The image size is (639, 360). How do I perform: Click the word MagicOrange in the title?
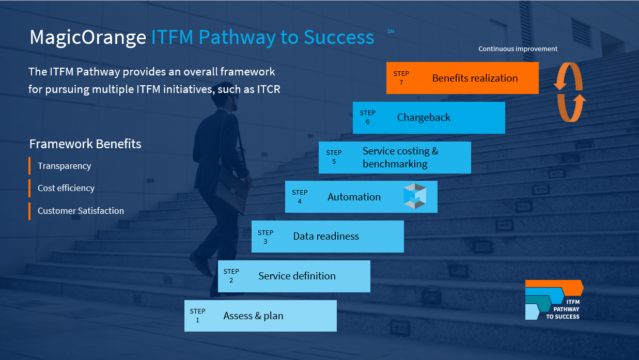tap(87, 37)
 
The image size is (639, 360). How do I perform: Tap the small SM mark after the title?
tap(391, 32)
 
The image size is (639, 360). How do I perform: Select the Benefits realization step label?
tap(475, 79)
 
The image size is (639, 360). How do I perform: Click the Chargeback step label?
tap(424, 118)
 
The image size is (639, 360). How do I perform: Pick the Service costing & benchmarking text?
tap(400, 158)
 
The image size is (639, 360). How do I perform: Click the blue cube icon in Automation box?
tap(415, 196)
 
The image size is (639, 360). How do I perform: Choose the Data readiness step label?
tap(326, 237)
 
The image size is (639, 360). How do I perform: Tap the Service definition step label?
tap(297, 276)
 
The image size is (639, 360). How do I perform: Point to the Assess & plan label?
tap(253, 316)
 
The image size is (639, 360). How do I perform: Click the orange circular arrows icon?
tap(570, 92)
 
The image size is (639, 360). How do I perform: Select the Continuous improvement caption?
tap(518, 49)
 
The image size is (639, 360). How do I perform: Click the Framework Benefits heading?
tap(85, 144)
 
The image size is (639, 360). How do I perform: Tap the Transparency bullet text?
tap(64, 166)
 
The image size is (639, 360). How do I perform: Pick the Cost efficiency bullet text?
tap(66, 189)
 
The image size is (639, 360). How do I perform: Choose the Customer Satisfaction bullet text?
tap(81, 211)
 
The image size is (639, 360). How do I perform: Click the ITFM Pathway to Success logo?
tap(554, 300)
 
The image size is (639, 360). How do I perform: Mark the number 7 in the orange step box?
tap(401, 83)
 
